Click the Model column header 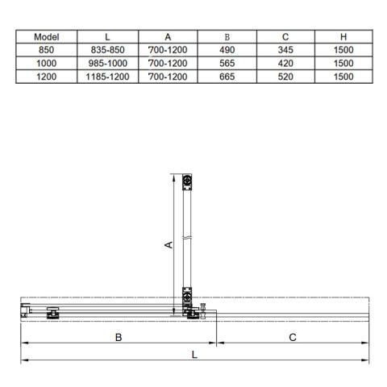click(x=47, y=37)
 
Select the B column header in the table click(x=227, y=37)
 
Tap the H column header click(x=343, y=37)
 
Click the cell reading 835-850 click(x=107, y=50)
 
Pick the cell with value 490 click(x=227, y=50)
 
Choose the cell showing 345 click(x=285, y=50)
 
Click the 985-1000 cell click(x=107, y=63)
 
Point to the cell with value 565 click(x=227, y=63)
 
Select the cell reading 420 click(x=285, y=63)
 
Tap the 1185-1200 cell click(x=107, y=77)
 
